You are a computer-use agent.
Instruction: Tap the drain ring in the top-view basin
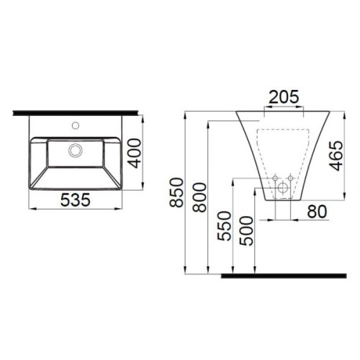coord(75,150)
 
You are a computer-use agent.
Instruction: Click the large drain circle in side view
coord(282,188)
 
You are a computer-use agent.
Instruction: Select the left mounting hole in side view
coord(274,177)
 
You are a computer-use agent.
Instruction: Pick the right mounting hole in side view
coord(291,177)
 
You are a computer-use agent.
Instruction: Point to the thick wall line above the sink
coord(75,109)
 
